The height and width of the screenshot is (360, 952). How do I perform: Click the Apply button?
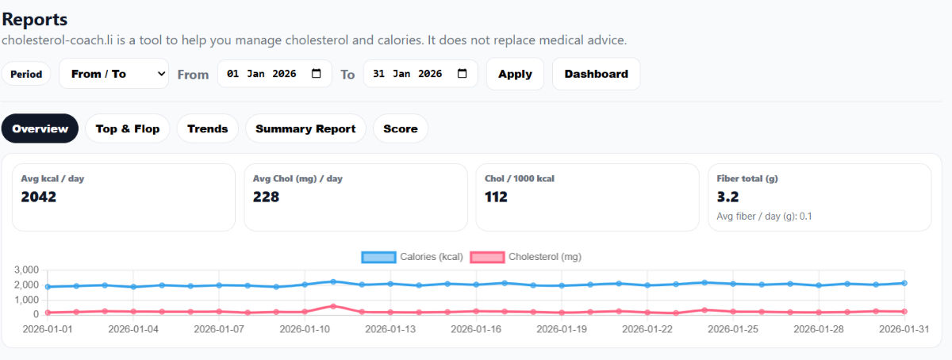pos(515,74)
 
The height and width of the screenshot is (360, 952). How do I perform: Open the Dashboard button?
pos(596,74)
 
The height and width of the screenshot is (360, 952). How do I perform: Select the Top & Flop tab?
pos(127,128)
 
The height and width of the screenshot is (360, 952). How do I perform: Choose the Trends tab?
pos(207,128)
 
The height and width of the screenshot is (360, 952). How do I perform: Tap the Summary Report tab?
pos(305,128)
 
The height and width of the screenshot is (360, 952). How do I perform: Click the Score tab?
pos(400,128)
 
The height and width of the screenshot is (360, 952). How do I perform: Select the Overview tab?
pos(40,128)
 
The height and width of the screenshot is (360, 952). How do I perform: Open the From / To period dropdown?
pos(113,74)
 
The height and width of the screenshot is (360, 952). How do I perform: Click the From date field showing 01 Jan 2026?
pos(262,74)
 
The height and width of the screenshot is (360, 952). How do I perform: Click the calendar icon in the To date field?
pos(463,74)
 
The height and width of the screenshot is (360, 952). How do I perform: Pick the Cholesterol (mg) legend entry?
pos(526,257)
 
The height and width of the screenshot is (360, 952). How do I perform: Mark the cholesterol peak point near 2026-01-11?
pos(333,306)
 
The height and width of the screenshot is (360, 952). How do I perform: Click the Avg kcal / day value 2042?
pos(39,197)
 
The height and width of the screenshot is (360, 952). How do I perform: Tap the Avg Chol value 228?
pos(266,197)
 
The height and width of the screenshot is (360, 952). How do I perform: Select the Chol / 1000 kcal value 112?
pos(496,197)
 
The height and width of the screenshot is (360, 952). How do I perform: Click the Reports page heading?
pos(35,20)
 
